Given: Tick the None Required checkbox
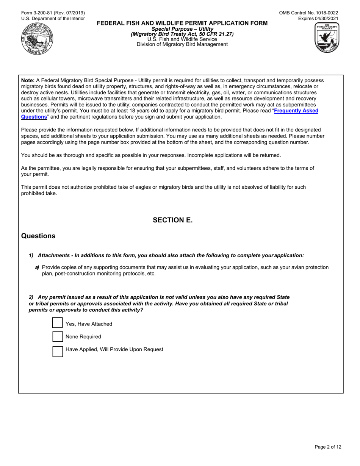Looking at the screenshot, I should click(x=57, y=336).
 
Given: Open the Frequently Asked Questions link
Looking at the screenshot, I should click(x=296, y=111).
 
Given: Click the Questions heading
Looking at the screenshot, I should click(x=38, y=236).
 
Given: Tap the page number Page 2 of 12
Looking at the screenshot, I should click(x=328, y=447).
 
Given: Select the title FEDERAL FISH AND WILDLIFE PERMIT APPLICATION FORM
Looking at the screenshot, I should click(x=182, y=23).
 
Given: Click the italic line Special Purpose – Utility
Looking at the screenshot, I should click(x=182, y=29).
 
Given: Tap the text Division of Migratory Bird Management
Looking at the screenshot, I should click(x=182, y=44).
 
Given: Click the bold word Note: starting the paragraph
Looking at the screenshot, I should click(x=28, y=80).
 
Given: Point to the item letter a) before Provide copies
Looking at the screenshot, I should click(x=37, y=267).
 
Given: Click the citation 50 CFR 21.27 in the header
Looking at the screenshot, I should click(x=215, y=34).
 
